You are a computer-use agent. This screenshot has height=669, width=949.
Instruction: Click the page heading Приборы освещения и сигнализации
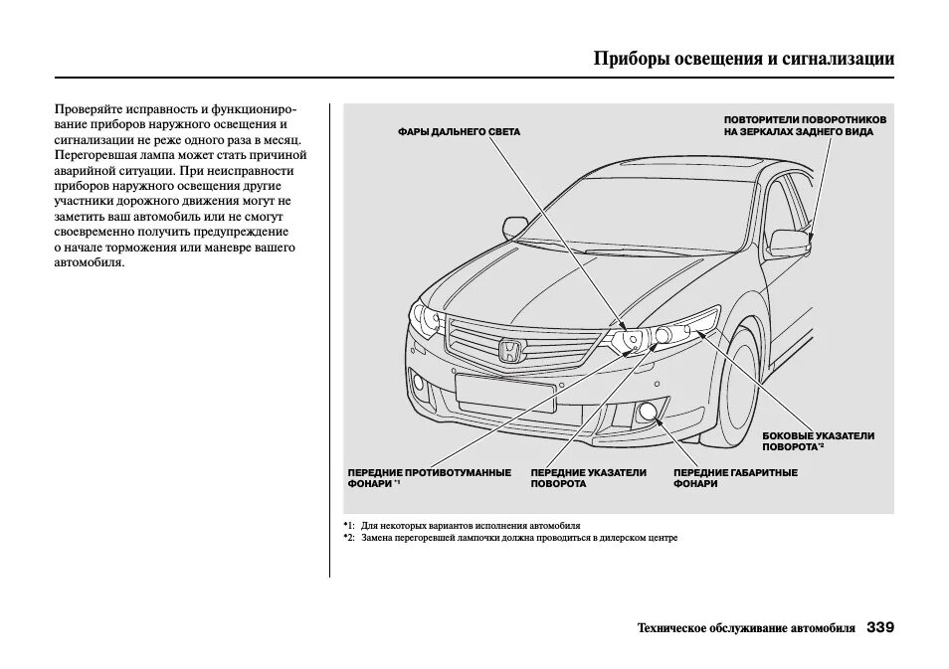(743, 58)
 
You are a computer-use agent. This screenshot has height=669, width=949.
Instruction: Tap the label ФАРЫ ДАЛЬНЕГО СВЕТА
(459, 132)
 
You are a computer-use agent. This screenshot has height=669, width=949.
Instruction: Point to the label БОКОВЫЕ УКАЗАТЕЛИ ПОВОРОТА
(818, 441)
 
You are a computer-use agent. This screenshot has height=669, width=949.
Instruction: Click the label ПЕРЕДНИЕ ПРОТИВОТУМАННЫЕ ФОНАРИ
(429, 478)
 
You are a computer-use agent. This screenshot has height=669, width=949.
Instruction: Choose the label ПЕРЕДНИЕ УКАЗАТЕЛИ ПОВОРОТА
(588, 478)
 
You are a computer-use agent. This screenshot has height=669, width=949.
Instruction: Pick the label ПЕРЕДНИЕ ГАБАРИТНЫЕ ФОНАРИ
(735, 478)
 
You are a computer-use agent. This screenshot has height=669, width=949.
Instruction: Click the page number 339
(879, 627)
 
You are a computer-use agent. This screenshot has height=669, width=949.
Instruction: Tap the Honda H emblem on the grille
(508, 350)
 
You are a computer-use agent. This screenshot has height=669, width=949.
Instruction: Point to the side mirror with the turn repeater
(790, 242)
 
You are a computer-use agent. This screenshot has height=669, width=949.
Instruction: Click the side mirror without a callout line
(517, 228)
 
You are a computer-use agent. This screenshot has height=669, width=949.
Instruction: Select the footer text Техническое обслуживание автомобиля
(745, 628)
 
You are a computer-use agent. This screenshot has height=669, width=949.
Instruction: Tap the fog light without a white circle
(419, 384)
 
